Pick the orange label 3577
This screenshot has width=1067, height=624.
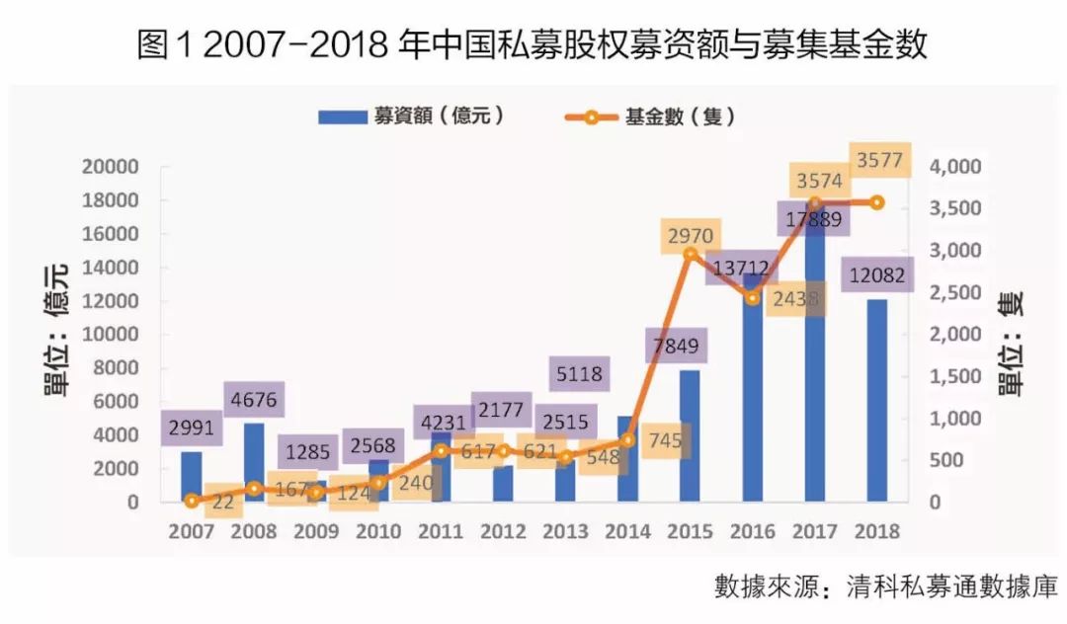pos(878,161)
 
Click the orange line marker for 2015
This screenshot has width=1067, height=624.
pos(691,254)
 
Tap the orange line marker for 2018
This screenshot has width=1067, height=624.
pos(876,202)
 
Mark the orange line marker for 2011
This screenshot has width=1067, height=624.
pos(441,450)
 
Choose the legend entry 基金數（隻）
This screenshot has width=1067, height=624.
pos(651,116)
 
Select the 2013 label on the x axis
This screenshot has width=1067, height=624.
pos(565,532)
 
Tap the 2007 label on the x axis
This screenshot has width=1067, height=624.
pos(191,532)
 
